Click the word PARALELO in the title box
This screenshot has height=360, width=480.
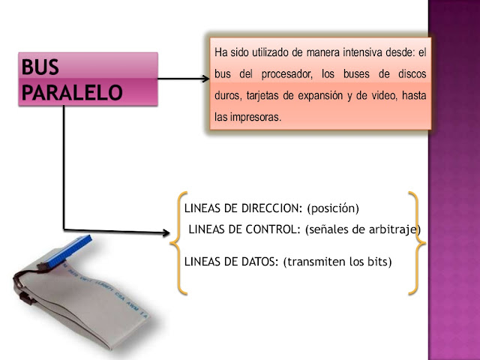click(70, 92)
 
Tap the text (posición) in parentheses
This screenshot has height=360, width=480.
click(334, 208)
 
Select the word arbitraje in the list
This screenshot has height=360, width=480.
click(394, 229)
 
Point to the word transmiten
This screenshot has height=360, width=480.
click(317, 262)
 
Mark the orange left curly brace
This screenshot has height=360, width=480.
click(178, 241)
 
